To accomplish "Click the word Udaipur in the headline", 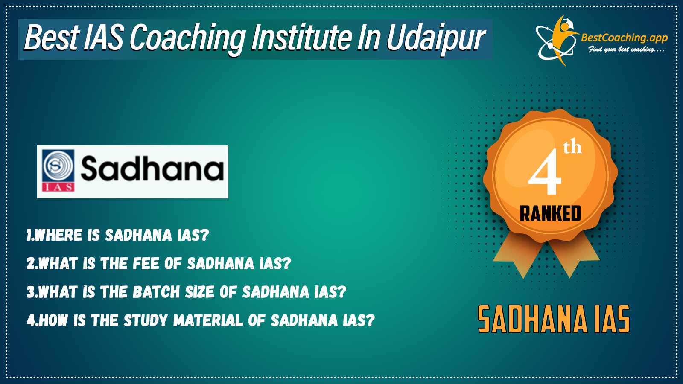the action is pos(436,38).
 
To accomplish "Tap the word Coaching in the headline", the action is pos(187,38).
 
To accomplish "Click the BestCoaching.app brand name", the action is pos(624,38).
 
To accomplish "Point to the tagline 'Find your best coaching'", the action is pos(626,49).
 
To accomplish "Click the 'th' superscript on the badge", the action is pos(572,147).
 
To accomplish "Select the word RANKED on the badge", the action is pos(550,214).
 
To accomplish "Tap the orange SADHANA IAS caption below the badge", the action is pos(554,320).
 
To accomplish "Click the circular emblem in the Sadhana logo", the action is pos(58,166).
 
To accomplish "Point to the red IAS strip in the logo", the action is pos(58,187).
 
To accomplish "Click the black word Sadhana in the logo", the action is pos(152,168).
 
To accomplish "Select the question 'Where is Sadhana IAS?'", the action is pos(118,235).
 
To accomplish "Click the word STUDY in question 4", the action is pos(146,320).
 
